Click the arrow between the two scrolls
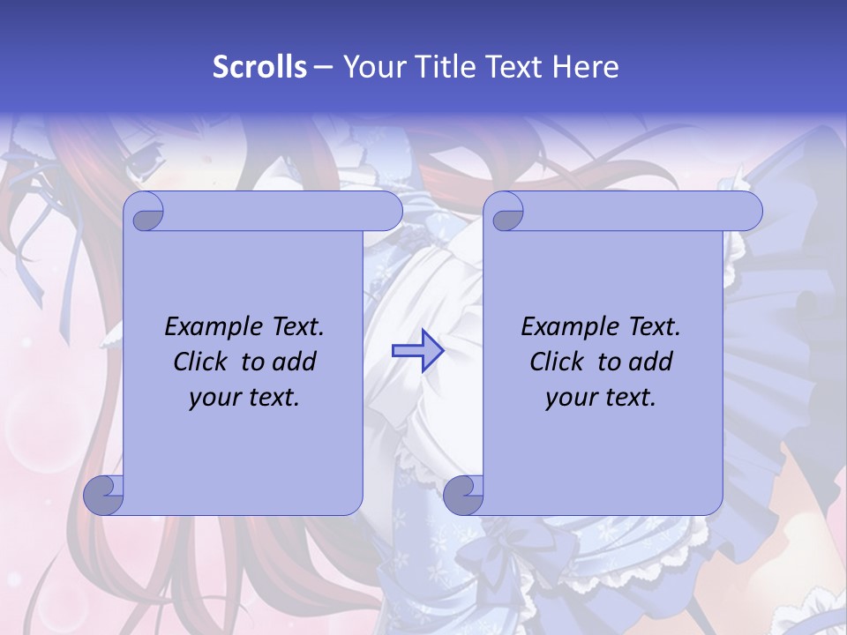point(417,351)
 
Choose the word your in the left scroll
point(213,398)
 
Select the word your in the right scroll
point(569,398)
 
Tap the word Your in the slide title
point(371,67)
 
